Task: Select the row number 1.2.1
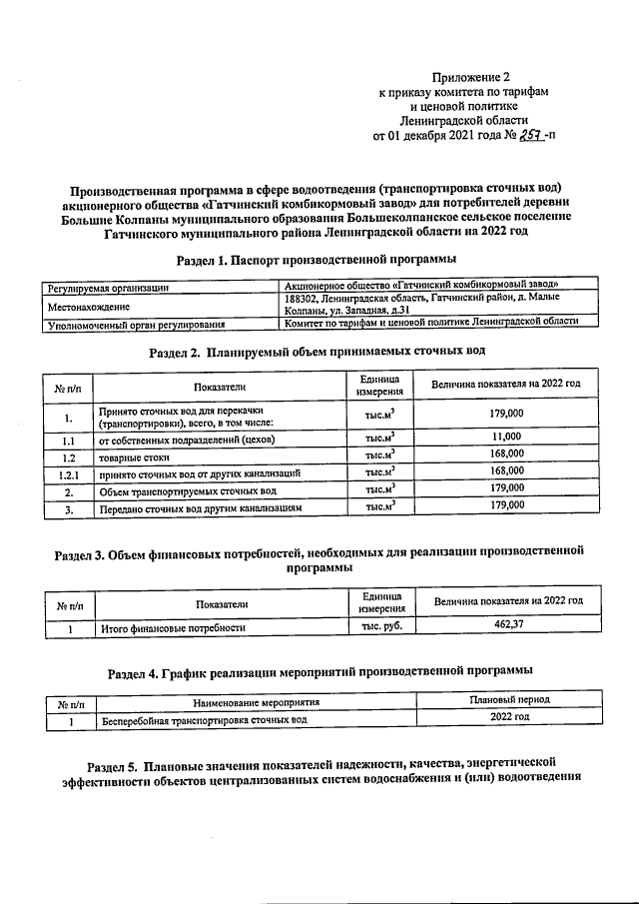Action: point(68,471)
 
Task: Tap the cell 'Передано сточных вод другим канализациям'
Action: point(199,508)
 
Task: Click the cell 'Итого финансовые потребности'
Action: point(173,628)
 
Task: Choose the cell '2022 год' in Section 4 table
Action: point(509,718)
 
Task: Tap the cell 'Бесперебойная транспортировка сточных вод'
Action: point(201,719)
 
